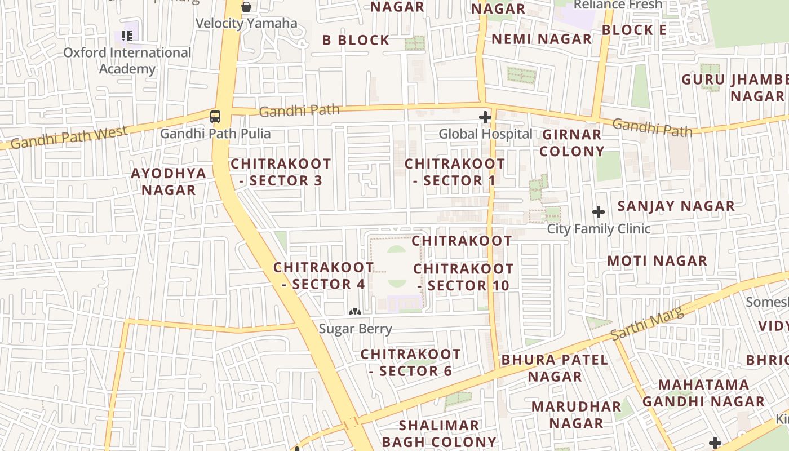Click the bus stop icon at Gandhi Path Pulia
click(x=215, y=117)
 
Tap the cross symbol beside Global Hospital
click(x=485, y=117)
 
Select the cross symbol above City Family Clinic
click(x=599, y=212)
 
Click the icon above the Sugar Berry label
click(x=354, y=311)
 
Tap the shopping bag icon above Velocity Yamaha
click(x=246, y=7)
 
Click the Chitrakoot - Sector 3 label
click(x=281, y=172)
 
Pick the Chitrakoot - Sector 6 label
click(x=410, y=362)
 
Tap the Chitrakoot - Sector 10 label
click(x=463, y=277)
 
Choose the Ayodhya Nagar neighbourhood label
click(x=169, y=181)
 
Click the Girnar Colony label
click(x=572, y=143)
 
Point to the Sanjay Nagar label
click(x=676, y=206)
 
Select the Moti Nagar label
click(x=657, y=261)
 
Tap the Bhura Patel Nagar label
click(x=555, y=368)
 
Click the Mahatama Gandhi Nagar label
click(x=703, y=393)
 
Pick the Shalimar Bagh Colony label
click(x=439, y=433)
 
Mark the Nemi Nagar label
click(x=542, y=39)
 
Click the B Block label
click(x=356, y=40)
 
